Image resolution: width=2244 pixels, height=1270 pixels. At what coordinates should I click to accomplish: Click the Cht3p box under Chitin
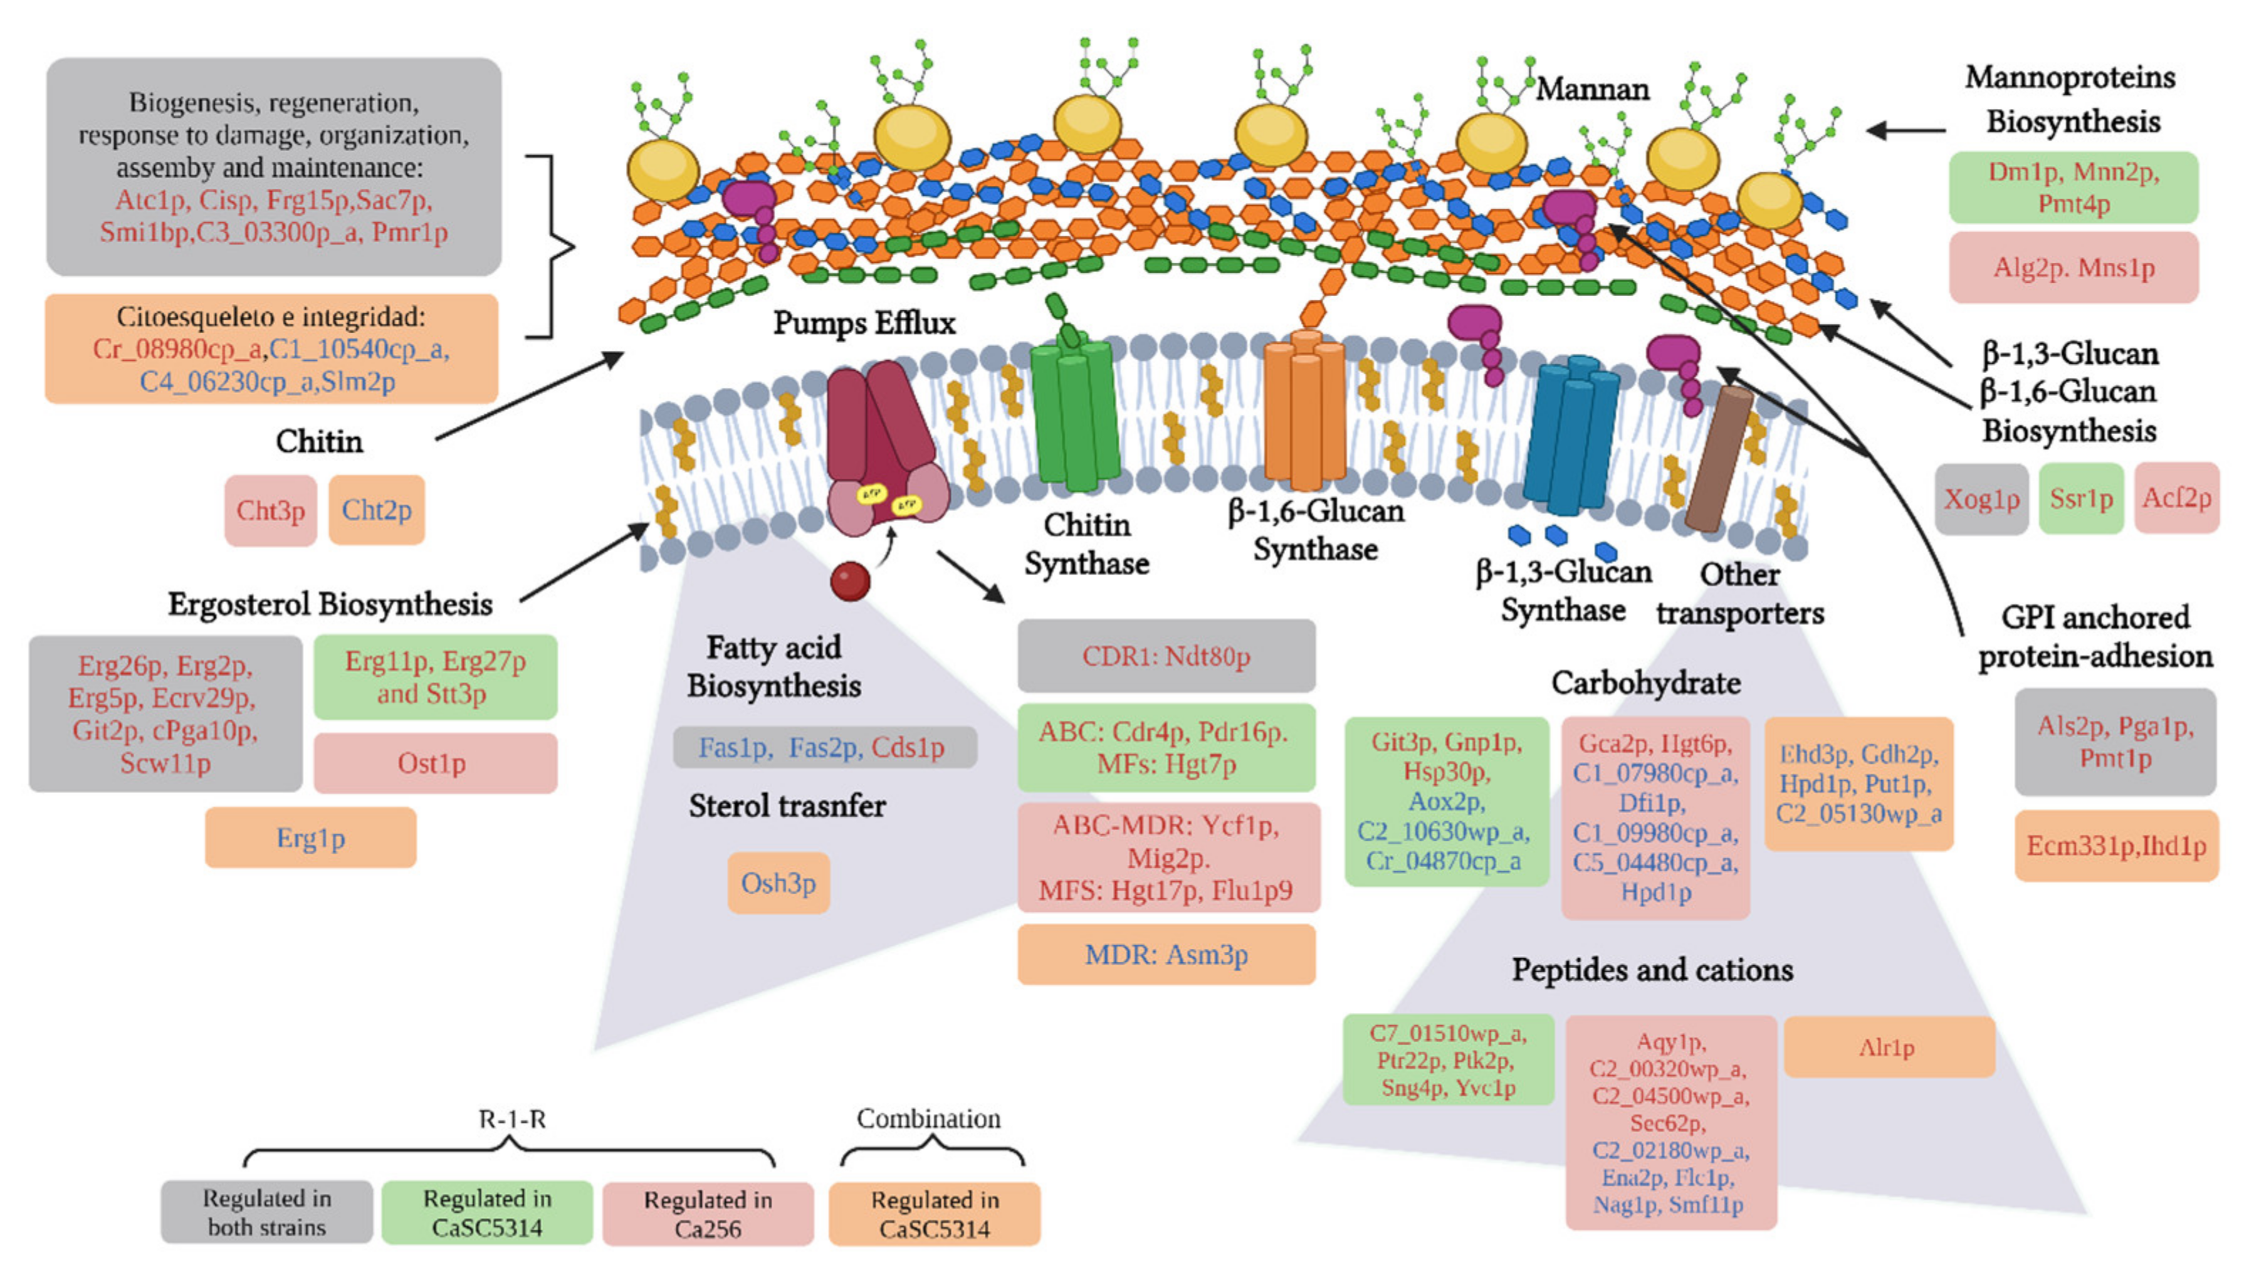coord(271,510)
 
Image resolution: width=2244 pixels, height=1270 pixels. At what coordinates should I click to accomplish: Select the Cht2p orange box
coord(376,510)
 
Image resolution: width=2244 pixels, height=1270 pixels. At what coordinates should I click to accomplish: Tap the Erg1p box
coord(310,837)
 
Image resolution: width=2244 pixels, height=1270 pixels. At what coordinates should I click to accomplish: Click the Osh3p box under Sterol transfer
coord(778,883)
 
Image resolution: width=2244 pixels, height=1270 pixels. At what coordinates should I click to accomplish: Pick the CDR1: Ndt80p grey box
coord(1165,656)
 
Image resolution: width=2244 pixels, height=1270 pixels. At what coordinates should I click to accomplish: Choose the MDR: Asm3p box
coord(1165,954)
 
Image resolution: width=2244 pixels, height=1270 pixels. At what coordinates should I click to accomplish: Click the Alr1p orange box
coord(1888,1046)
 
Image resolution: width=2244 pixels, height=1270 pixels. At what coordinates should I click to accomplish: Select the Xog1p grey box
coord(1981,499)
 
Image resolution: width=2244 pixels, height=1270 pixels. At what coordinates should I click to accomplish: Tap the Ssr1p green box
coord(2081,499)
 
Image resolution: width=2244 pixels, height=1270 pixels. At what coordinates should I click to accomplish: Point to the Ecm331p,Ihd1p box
coord(2116,845)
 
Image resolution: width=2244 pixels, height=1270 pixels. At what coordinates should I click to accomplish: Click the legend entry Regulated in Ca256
coord(707,1213)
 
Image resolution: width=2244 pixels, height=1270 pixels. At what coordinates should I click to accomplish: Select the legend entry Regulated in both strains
coord(267,1212)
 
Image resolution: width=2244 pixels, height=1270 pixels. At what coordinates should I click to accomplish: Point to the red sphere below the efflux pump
coord(850,581)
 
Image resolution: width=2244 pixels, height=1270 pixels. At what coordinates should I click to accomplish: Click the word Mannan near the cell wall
coord(1592,89)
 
